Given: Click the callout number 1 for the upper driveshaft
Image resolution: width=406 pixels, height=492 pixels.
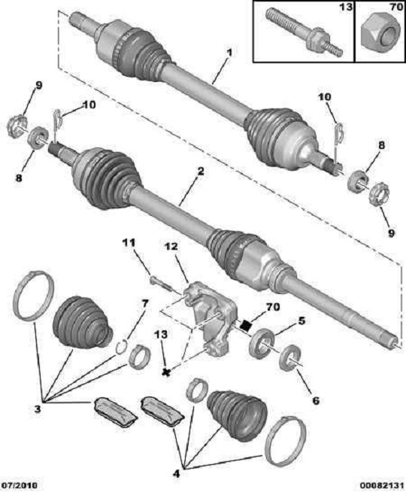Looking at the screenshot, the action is pyautogui.click(x=229, y=53).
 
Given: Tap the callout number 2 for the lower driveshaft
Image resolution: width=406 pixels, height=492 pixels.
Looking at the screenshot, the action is pyautogui.click(x=201, y=172).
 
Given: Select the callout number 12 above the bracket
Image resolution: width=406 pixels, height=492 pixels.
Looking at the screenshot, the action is pyautogui.click(x=171, y=247).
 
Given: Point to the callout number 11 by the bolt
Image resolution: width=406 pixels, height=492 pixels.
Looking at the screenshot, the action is pyautogui.click(x=129, y=242).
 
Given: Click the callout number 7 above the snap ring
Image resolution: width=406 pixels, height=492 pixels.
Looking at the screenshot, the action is pyautogui.click(x=144, y=304).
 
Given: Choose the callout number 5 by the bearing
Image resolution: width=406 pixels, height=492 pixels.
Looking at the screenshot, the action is pyautogui.click(x=301, y=321).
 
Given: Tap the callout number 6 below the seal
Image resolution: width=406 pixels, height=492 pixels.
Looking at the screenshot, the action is pyautogui.click(x=316, y=400).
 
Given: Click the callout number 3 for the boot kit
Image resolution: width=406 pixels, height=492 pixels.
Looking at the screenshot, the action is pyautogui.click(x=38, y=408).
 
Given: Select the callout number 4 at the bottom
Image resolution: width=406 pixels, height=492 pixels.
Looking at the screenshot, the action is pyautogui.click(x=177, y=465).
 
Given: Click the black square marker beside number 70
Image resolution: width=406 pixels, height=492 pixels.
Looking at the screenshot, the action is pyautogui.click(x=246, y=325).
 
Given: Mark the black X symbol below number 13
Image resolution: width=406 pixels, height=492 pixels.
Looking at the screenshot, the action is pyautogui.click(x=166, y=372).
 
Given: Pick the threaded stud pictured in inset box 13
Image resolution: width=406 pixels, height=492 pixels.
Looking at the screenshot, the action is pyautogui.click(x=304, y=32).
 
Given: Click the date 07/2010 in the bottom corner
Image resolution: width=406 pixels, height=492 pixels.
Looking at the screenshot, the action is pyautogui.click(x=20, y=485).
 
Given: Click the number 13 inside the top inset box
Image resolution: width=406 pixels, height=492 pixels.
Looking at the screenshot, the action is pyautogui.click(x=346, y=7).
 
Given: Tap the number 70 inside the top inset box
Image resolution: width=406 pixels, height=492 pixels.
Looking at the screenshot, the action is pyautogui.click(x=395, y=7).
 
